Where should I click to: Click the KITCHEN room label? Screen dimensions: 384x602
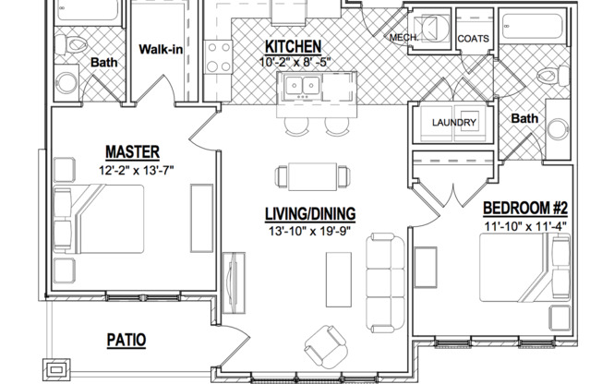pos(293,46)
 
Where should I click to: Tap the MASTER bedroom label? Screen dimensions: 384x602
pos(133,151)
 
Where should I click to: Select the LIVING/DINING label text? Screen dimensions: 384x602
pos(310,214)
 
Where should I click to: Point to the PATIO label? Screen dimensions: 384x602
pos(126,340)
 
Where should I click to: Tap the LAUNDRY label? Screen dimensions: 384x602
pos(454,123)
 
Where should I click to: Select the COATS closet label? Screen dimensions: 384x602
pos(473,38)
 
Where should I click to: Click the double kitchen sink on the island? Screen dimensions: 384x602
pos(302,87)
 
